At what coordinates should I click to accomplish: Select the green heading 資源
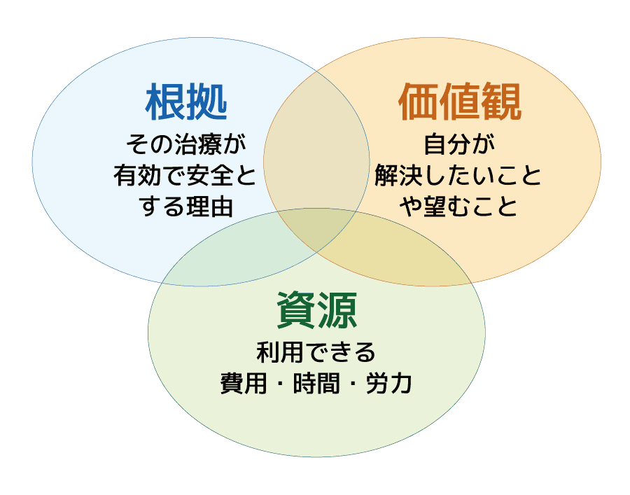pyautogui.click(x=316, y=309)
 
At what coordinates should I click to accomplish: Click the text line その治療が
pyautogui.click(x=185, y=146)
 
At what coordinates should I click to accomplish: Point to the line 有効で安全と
pyautogui.click(x=185, y=176)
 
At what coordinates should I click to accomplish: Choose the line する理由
pyautogui.click(x=185, y=206)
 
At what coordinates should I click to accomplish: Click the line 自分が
pyautogui.click(x=459, y=146)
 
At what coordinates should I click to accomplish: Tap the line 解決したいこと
pyautogui.click(x=459, y=176)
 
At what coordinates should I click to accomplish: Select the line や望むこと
pyautogui.click(x=459, y=206)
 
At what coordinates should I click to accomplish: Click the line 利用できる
pyautogui.click(x=316, y=353)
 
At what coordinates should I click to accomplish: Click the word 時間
pyautogui.click(x=316, y=384)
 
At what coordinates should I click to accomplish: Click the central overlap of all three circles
pyautogui.click(x=317, y=231)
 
